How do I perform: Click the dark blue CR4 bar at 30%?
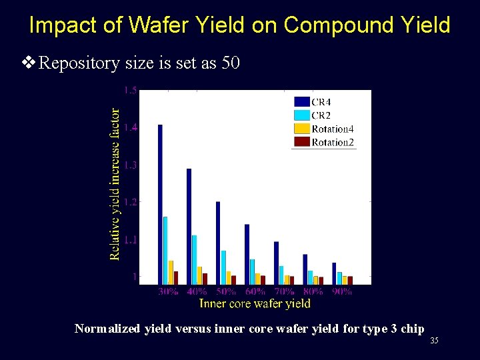pos(160,204)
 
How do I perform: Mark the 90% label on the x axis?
pos(342,291)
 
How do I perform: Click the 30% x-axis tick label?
pos(168,291)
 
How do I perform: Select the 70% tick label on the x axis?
pos(284,291)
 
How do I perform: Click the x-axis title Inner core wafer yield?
pos(255,303)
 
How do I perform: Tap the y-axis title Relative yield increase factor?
pos(115,184)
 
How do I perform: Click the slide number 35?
pos(434,341)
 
